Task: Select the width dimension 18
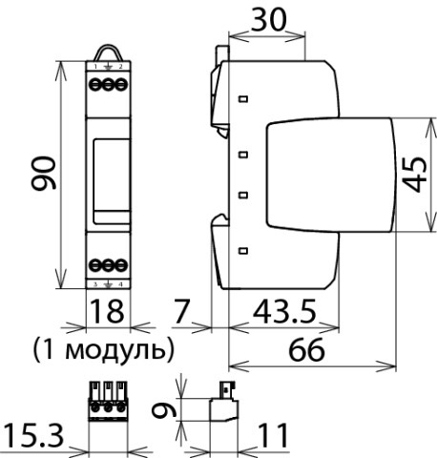click(x=107, y=311)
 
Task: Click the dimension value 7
click(x=186, y=311)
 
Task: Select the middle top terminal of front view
click(x=107, y=85)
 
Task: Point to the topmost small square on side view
click(x=243, y=98)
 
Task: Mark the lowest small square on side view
click(x=243, y=251)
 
